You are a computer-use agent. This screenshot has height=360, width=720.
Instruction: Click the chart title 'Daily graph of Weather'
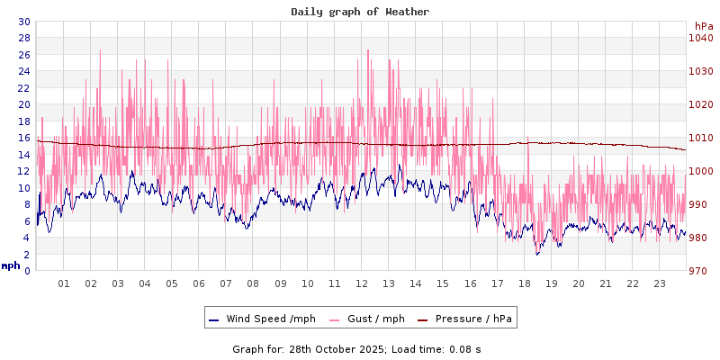(360, 12)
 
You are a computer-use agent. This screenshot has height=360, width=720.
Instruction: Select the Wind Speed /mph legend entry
(262, 319)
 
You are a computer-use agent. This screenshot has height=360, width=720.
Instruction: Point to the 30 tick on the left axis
(24, 22)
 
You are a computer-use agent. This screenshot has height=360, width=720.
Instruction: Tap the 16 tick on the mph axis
(24, 138)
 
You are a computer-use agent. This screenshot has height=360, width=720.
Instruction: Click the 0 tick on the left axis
(27, 271)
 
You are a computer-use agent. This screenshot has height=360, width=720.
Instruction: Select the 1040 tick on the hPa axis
(700, 38)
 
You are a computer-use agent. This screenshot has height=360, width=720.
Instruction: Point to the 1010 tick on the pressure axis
(700, 138)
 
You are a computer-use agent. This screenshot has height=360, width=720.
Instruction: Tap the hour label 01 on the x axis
(64, 284)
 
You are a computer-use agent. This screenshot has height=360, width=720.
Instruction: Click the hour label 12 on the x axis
(362, 284)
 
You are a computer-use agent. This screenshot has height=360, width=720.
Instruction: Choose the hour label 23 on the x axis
(660, 284)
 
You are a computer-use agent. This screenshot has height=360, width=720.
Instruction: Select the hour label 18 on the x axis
(525, 284)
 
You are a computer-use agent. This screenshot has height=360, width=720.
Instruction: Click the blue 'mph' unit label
(11, 265)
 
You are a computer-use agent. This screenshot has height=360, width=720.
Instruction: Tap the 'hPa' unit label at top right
(703, 26)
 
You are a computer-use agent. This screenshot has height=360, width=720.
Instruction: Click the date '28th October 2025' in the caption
(334, 348)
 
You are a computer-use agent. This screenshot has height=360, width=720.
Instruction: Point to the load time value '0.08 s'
(466, 348)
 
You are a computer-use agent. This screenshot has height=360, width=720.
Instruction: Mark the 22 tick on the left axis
(24, 88)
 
